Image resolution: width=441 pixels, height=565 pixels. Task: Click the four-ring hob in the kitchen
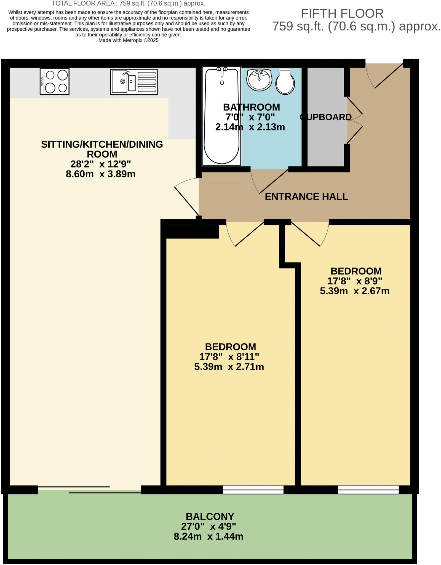[55, 81]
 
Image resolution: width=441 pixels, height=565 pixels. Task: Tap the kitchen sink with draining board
[134, 82]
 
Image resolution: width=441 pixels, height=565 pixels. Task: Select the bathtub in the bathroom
[221, 116]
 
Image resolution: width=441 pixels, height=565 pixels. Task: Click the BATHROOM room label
[251, 107]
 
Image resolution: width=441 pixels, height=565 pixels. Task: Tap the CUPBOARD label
[325, 117]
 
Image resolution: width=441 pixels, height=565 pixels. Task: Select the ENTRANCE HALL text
[306, 196]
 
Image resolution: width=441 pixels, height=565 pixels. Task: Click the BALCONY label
[210, 516]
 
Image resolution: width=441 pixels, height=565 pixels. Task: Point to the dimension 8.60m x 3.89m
[100, 174]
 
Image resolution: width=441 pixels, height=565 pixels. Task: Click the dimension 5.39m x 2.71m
[229, 367]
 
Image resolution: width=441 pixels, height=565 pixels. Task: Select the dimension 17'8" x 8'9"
[354, 281]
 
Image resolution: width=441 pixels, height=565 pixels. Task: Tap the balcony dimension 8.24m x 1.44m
[208, 537]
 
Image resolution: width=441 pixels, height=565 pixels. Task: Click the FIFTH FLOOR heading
[342, 14]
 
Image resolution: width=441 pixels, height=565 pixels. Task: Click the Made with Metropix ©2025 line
[129, 40]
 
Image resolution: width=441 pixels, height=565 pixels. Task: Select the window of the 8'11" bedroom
[253, 490]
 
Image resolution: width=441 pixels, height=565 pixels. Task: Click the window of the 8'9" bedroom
[368, 490]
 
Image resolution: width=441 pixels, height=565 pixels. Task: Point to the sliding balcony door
[90, 490]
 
